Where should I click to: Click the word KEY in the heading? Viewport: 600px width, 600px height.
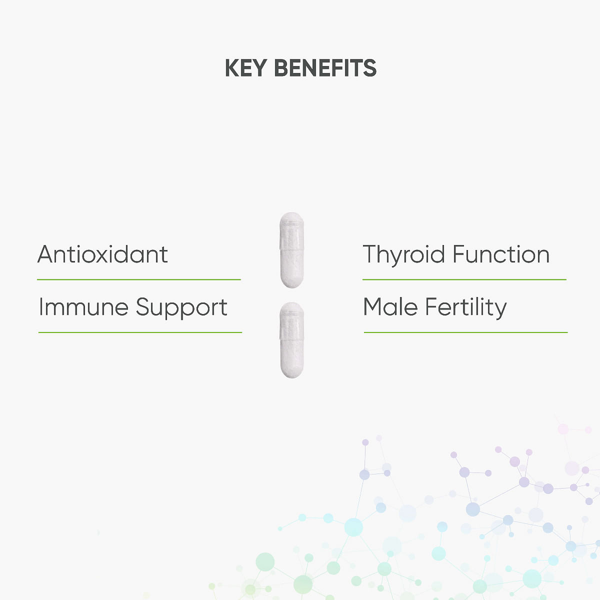pos(246,68)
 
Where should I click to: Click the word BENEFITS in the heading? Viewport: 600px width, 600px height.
pos(325,68)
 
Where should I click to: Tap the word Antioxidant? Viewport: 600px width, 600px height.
pos(102,254)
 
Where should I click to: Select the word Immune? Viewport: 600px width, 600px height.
pos(83,307)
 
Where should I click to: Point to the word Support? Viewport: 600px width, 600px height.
pos(181,308)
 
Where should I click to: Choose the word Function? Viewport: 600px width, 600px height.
pos(501,254)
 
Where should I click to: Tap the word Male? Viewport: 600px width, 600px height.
pos(390,307)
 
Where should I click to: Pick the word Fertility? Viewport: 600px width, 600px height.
pos(466,308)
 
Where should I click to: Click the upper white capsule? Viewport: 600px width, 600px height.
pos(291,250)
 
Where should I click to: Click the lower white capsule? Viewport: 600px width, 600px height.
pos(291,340)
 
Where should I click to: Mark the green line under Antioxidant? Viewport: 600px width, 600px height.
pos(139,279)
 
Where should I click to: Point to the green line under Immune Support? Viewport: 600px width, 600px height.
pos(140,332)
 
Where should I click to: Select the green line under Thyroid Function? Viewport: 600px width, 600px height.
pos(464,279)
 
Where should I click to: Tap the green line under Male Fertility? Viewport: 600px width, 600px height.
pos(466,332)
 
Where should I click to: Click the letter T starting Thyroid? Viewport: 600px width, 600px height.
pos(371,254)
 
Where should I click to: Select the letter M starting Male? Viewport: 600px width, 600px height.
pos(373,307)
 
